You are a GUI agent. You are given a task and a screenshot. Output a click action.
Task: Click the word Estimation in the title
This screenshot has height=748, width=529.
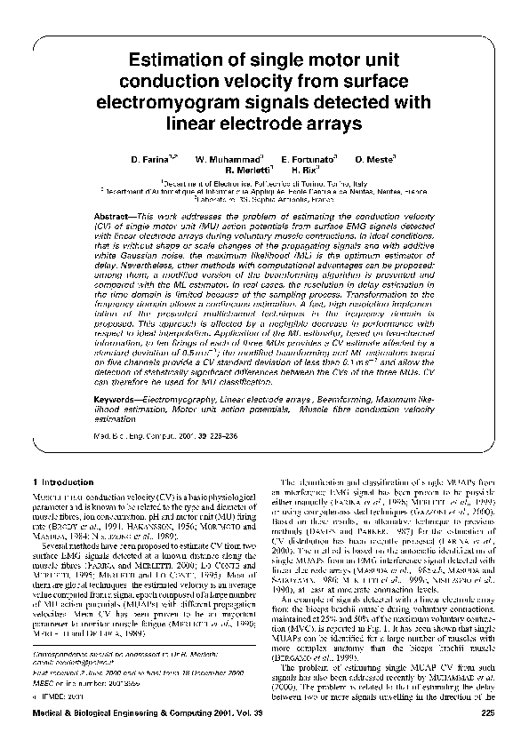tap(172, 60)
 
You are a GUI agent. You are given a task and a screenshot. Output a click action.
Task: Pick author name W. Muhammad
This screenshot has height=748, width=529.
tap(223, 158)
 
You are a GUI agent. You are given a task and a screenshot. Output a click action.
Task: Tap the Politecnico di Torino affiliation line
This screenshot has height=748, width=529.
tap(264, 180)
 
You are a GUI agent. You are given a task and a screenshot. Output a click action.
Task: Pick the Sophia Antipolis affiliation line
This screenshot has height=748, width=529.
tap(264, 200)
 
